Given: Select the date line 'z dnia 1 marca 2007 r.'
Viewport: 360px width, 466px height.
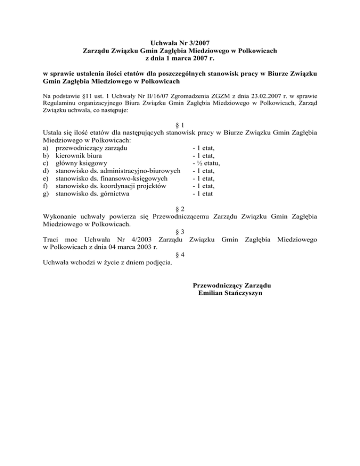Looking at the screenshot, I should point(180,59).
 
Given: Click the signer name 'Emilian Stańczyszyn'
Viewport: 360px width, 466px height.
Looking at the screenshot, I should point(230,293).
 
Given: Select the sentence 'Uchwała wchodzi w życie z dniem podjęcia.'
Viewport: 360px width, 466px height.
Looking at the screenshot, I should point(107,263).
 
